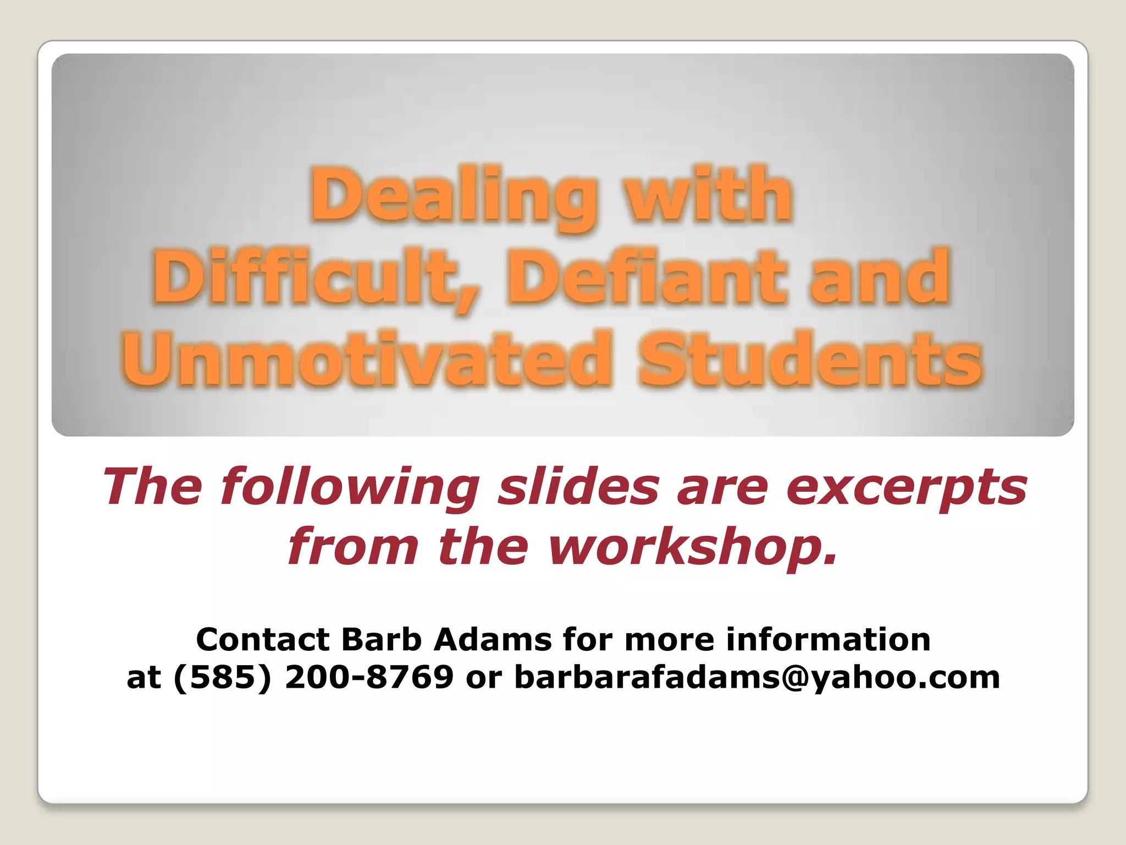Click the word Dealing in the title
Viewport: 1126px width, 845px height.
point(454,196)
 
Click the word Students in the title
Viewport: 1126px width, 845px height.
point(809,359)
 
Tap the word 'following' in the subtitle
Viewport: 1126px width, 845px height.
point(350,487)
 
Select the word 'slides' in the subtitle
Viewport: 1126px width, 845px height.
point(579,487)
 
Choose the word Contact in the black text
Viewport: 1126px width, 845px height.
point(263,639)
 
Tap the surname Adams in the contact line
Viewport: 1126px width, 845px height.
point(493,639)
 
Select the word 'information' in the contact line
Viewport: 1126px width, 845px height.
point(828,639)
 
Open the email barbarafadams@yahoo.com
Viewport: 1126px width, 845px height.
point(757,678)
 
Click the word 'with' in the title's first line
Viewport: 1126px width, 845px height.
point(710,196)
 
